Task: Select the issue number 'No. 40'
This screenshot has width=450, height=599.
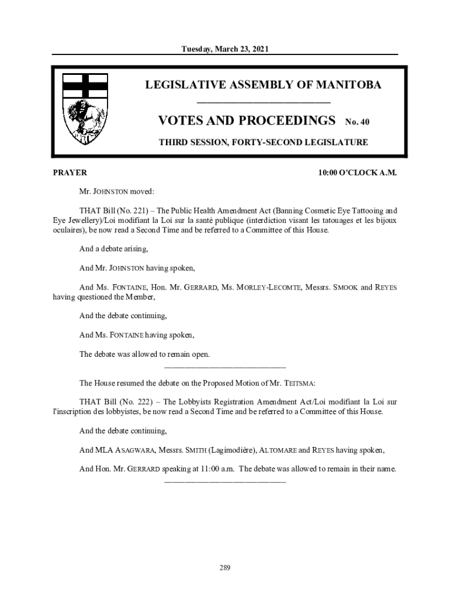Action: [x=357, y=122]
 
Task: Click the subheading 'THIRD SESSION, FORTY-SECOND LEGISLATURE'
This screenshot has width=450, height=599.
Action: [x=264, y=142]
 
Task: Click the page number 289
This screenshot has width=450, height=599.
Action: [x=225, y=567]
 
